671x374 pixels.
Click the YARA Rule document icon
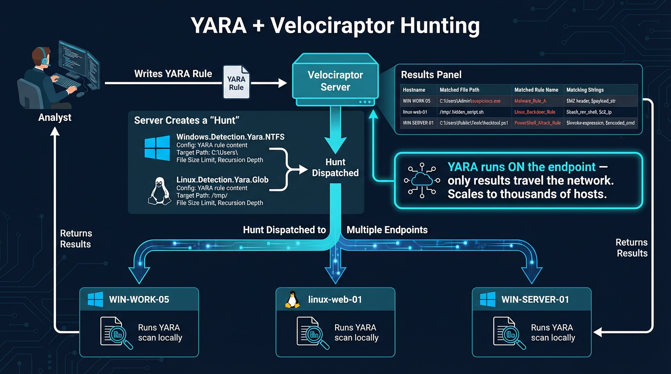tap(236, 82)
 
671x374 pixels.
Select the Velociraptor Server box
tap(335, 81)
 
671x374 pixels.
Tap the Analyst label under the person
tap(55, 117)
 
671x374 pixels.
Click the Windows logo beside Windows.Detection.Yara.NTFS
tap(158, 148)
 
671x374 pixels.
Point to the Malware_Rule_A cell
tap(530, 101)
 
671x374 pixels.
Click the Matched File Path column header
tap(459, 90)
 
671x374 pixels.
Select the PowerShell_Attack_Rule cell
tap(537, 123)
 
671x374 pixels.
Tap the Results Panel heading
tap(431, 75)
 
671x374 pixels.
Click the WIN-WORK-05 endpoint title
tap(139, 299)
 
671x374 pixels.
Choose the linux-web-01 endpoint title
tap(335, 299)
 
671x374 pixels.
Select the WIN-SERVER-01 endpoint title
tap(535, 299)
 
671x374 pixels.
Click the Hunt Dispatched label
tap(335, 168)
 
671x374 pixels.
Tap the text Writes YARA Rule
tap(173, 74)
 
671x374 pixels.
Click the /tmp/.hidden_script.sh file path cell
tap(461, 112)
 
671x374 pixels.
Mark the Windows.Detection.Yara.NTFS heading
tap(230, 137)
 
